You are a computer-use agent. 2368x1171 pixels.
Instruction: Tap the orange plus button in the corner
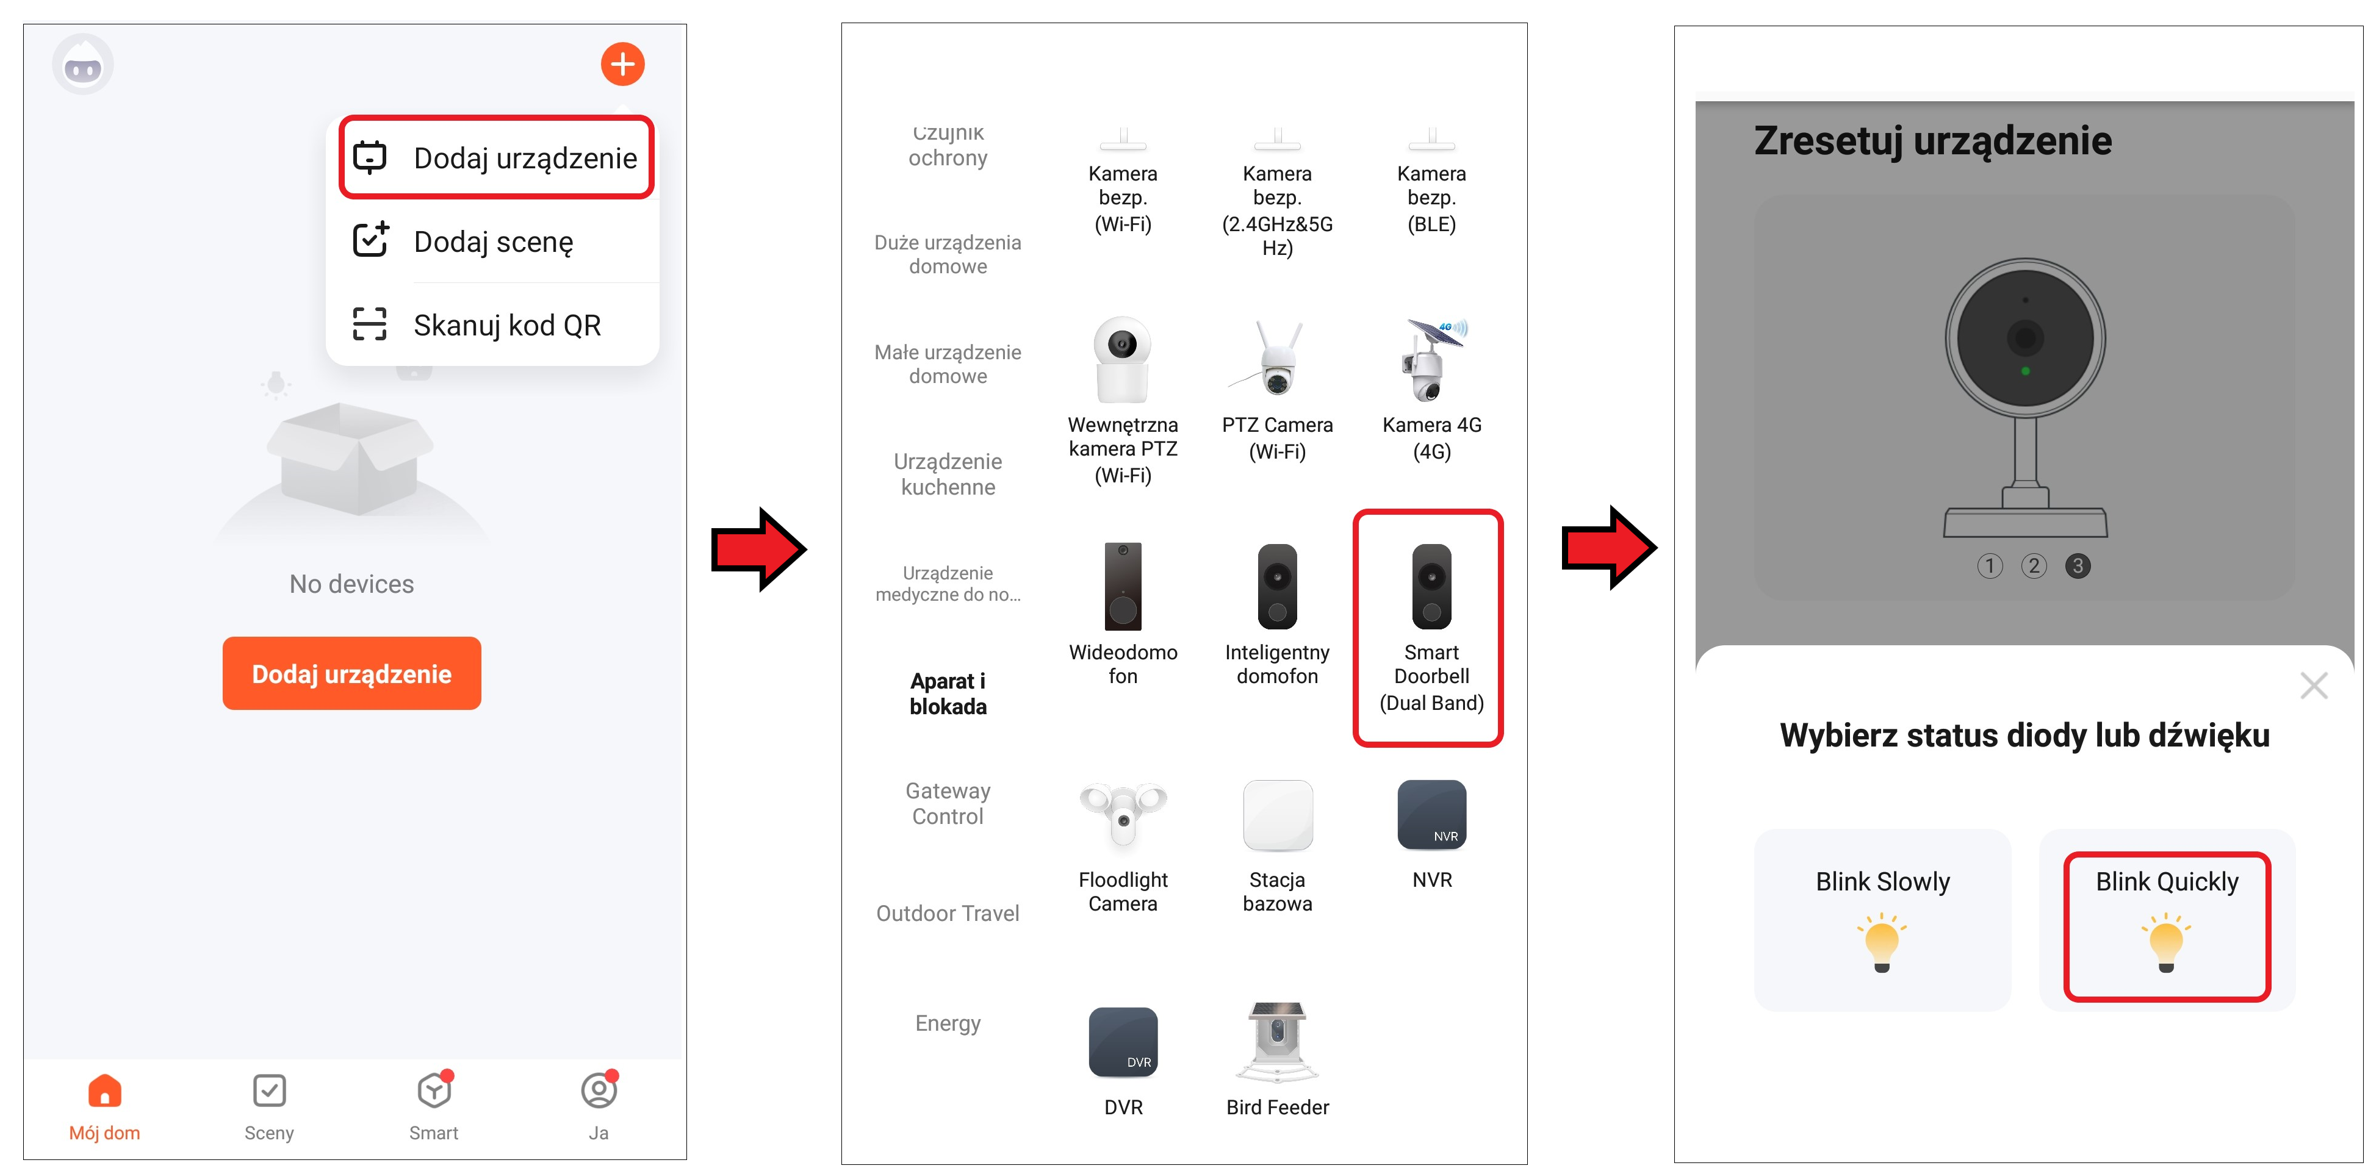(x=622, y=64)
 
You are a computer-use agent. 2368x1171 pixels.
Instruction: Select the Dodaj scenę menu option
(x=493, y=241)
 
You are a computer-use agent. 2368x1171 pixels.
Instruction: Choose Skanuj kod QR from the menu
(x=493, y=324)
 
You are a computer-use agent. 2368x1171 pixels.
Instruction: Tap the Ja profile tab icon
(x=599, y=1091)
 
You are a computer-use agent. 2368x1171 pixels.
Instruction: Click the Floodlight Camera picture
(x=1123, y=814)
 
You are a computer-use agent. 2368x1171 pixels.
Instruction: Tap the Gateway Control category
(x=947, y=803)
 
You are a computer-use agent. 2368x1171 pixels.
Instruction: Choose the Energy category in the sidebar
(x=947, y=1023)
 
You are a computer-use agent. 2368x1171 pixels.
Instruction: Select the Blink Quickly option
(x=2166, y=926)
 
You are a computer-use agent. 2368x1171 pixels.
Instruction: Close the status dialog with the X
(x=2313, y=685)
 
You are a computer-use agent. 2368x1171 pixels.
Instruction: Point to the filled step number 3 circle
(x=2076, y=565)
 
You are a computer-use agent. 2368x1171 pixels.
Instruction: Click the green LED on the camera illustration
(x=2025, y=371)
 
